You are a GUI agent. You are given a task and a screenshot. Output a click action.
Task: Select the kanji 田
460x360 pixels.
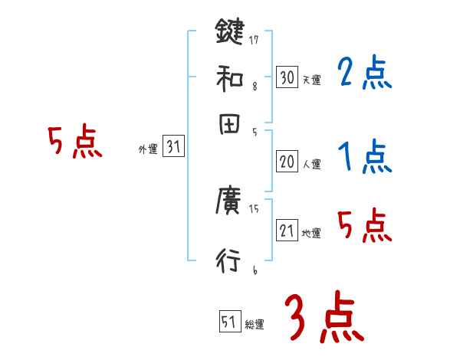(229, 126)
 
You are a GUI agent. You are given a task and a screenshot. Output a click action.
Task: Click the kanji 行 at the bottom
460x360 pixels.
(229, 261)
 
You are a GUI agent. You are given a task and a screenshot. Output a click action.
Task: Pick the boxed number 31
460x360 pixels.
(174, 148)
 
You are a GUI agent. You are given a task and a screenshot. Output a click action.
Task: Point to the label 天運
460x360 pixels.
(311, 80)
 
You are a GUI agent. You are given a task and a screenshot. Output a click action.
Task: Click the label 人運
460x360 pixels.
(311, 164)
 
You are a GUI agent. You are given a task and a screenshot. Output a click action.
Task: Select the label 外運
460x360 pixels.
(148, 150)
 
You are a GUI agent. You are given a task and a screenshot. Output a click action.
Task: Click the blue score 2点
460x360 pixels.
(364, 74)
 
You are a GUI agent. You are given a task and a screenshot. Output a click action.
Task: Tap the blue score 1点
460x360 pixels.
(364, 158)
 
